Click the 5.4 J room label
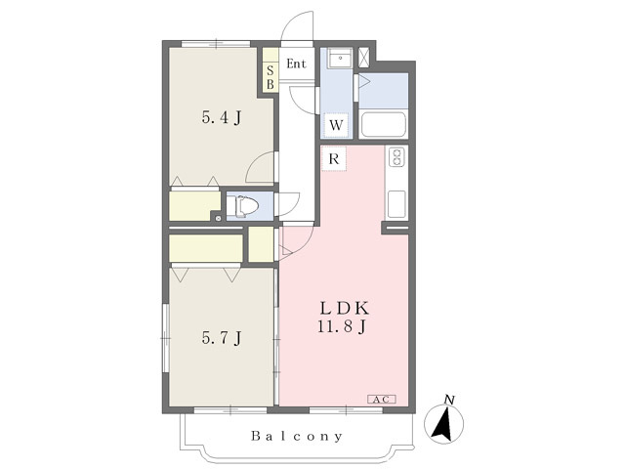click(x=222, y=117)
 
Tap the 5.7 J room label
click(x=222, y=338)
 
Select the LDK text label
click(x=345, y=308)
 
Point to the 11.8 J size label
click(x=342, y=326)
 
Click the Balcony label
click(x=297, y=436)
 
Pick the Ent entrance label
click(x=297, y=64)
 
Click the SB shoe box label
click(x=271, y=77)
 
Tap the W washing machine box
click(x=336, y=125)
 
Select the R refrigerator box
click(x=334, y=158)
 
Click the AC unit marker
click(x=382, y=400)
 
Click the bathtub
click(x=383, y=125)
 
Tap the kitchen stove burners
click(x=396, y=156)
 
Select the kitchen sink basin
click(x=396, y=204)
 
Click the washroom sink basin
click(x=340, y=59)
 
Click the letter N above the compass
click(x=450, y=400)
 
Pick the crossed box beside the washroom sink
click(x=364, y=57)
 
